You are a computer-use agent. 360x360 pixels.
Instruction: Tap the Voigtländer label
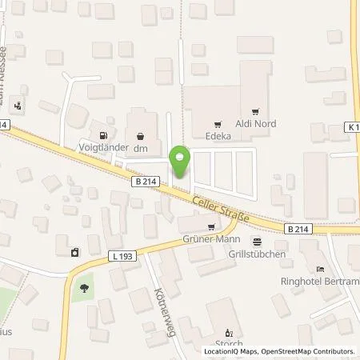(x=98, y=146)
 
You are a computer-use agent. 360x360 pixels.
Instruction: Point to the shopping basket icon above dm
(x=142, y=135)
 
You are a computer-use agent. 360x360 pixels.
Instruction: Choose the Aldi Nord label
(x=255, y=125)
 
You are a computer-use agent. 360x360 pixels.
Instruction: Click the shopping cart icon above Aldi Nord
(x=256, y=112)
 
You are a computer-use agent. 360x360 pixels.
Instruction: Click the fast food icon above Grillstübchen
(x=257, y=241)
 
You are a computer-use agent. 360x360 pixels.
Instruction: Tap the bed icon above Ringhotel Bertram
(x=321, y=269)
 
